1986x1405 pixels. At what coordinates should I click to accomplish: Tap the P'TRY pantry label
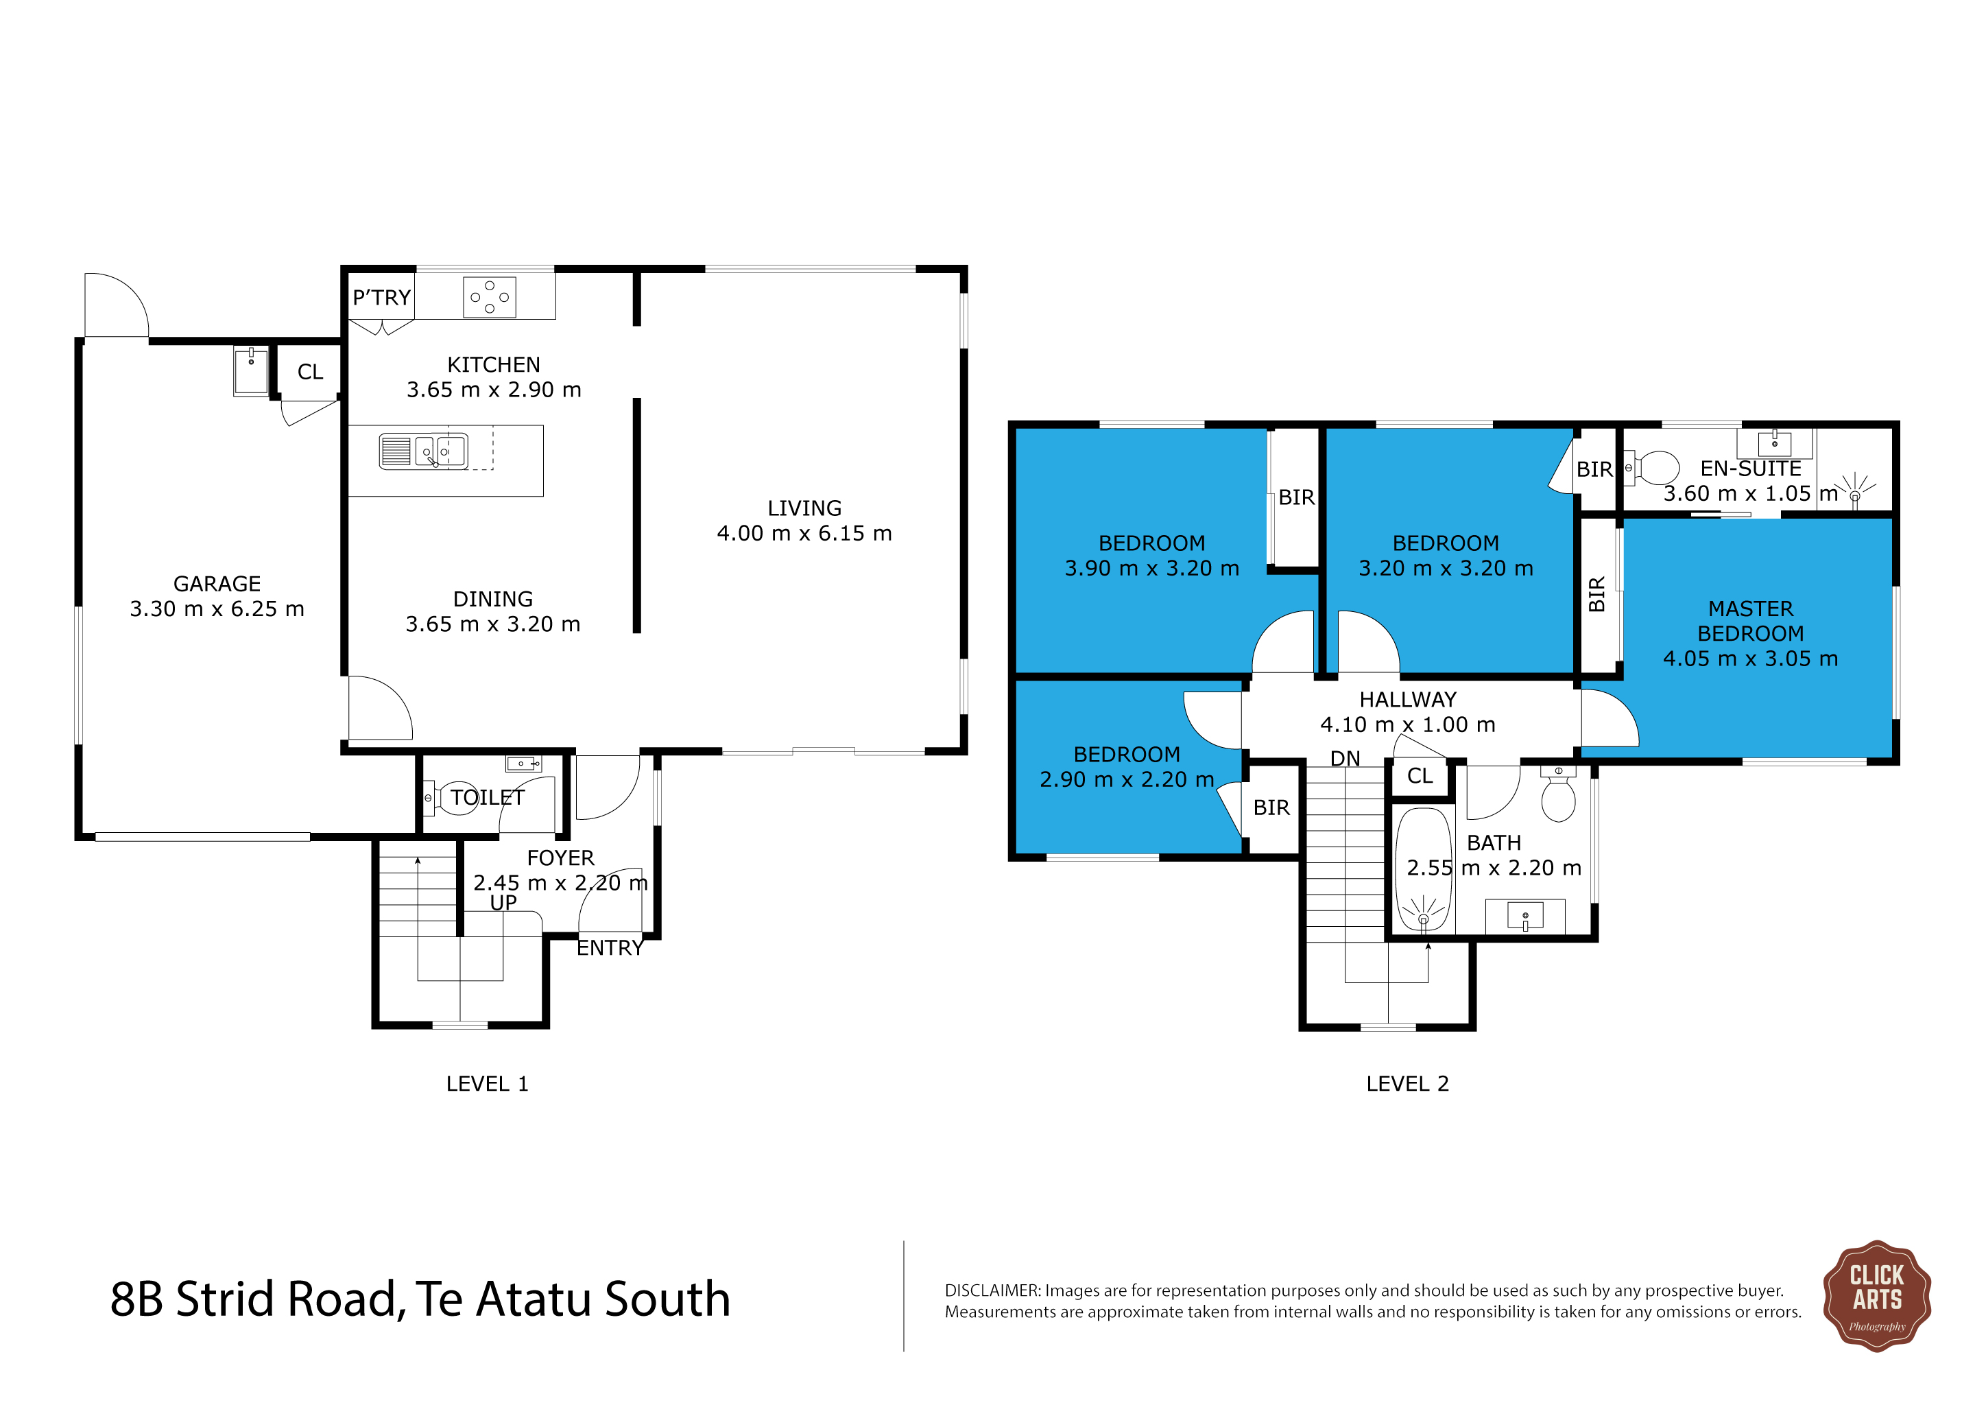[x=381, y=298]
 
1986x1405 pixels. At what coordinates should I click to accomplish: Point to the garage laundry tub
[x=251, y=370]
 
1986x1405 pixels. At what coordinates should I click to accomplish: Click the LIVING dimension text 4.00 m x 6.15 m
[x=804, y=534]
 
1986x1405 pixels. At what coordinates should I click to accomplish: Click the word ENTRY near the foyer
[x=610, y=948]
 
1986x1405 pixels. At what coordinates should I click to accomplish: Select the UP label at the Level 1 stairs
[x=503, y=902]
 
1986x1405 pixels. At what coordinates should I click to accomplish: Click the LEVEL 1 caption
[x=487, y=1084]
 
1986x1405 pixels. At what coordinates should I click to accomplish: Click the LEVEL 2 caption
[x=1407, y=1084]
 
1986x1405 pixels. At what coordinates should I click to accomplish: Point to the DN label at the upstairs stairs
[x=1345, y=759]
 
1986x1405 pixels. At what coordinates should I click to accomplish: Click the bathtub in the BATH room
[x=1423, y=869]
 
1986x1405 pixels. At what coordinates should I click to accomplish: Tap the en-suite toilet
[x=1654, y=468]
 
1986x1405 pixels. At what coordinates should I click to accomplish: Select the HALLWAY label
[x=1407, y=699]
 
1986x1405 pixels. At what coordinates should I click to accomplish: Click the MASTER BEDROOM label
[x=1750, y=621]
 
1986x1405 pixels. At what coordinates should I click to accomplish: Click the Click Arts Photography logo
[x=1876, y=1296]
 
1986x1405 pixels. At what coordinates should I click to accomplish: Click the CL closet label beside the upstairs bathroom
[x=1420, y=776]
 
